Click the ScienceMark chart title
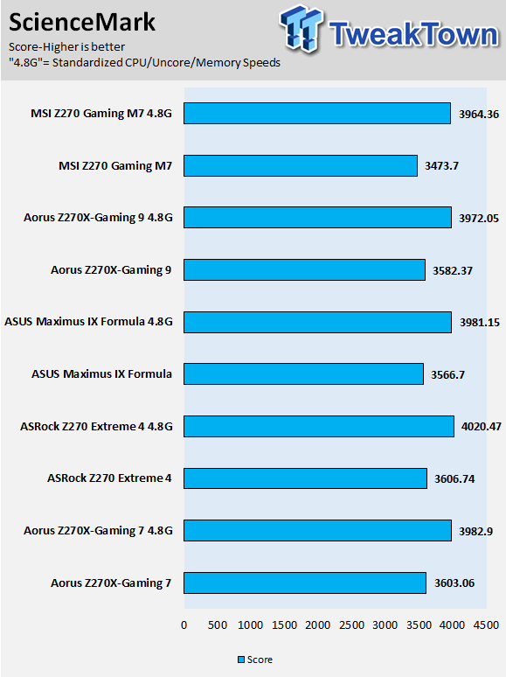pyautogui.click(x=82, y=23)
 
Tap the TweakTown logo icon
pyautogui.click(x=302, y=29)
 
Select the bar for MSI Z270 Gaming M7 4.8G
pyautogui.click(x=317, y=114)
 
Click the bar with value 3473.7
pyautogui.click(x=301, y=166)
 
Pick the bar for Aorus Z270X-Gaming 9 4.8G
pyautogui.click(x=317, y=218)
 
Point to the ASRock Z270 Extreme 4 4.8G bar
pyautogui.click(x=319, y=426)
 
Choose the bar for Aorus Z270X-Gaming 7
pyautogui.click(x=305, y=583)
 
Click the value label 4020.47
pyautogui.click(x=481, y=427)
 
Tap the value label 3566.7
pyautogui.click(x=447, y=374)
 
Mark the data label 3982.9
pyautogui.click(x=475, y=531)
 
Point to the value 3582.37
pyautogui.click(x=453, y=271)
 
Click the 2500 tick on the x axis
pyautogui.click(x=351, y=625)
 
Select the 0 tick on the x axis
pyautogui.click(x=184, y=625)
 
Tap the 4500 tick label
pyautogui.click(x=486, y=625)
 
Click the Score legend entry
pyautogui.click(x=255, y=660)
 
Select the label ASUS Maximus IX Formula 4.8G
pyautogui.click(x=88, y=322)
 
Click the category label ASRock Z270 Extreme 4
pyautogui.click(x=109, y=478)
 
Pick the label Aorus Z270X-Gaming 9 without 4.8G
pyautogui.click(x=111, y=270)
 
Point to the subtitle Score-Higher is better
pyautogui.click(x=67, y=46)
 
